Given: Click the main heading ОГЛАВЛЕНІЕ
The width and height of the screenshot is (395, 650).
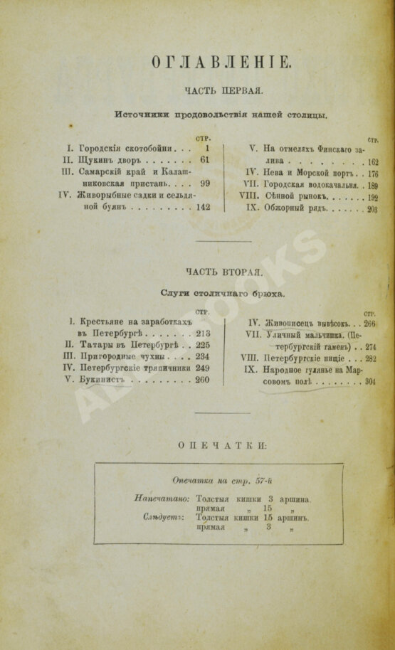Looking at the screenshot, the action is (x=221, y=63).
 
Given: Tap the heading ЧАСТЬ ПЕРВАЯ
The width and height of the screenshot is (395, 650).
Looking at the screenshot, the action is (x=224, y=91).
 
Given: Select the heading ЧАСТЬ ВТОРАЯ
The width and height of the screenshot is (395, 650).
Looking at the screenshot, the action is (x=224, y=272).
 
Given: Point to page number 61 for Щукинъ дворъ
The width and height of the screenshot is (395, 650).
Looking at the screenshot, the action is (x=205, y=160).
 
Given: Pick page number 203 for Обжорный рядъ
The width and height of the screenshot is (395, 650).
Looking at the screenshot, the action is (x=372, y=210).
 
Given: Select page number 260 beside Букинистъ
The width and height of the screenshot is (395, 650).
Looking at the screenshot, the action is (x=202, y=380).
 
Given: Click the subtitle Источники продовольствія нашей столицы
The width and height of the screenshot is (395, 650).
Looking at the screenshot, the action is (x=221, y=114).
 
